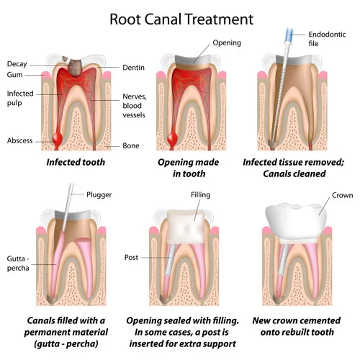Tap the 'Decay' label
[17, 64]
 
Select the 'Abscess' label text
[19, 140]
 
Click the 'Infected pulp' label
[19, 98]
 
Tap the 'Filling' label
[200, 194]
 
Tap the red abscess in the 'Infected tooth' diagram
[49, 135]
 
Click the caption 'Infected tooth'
[76, 162]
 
